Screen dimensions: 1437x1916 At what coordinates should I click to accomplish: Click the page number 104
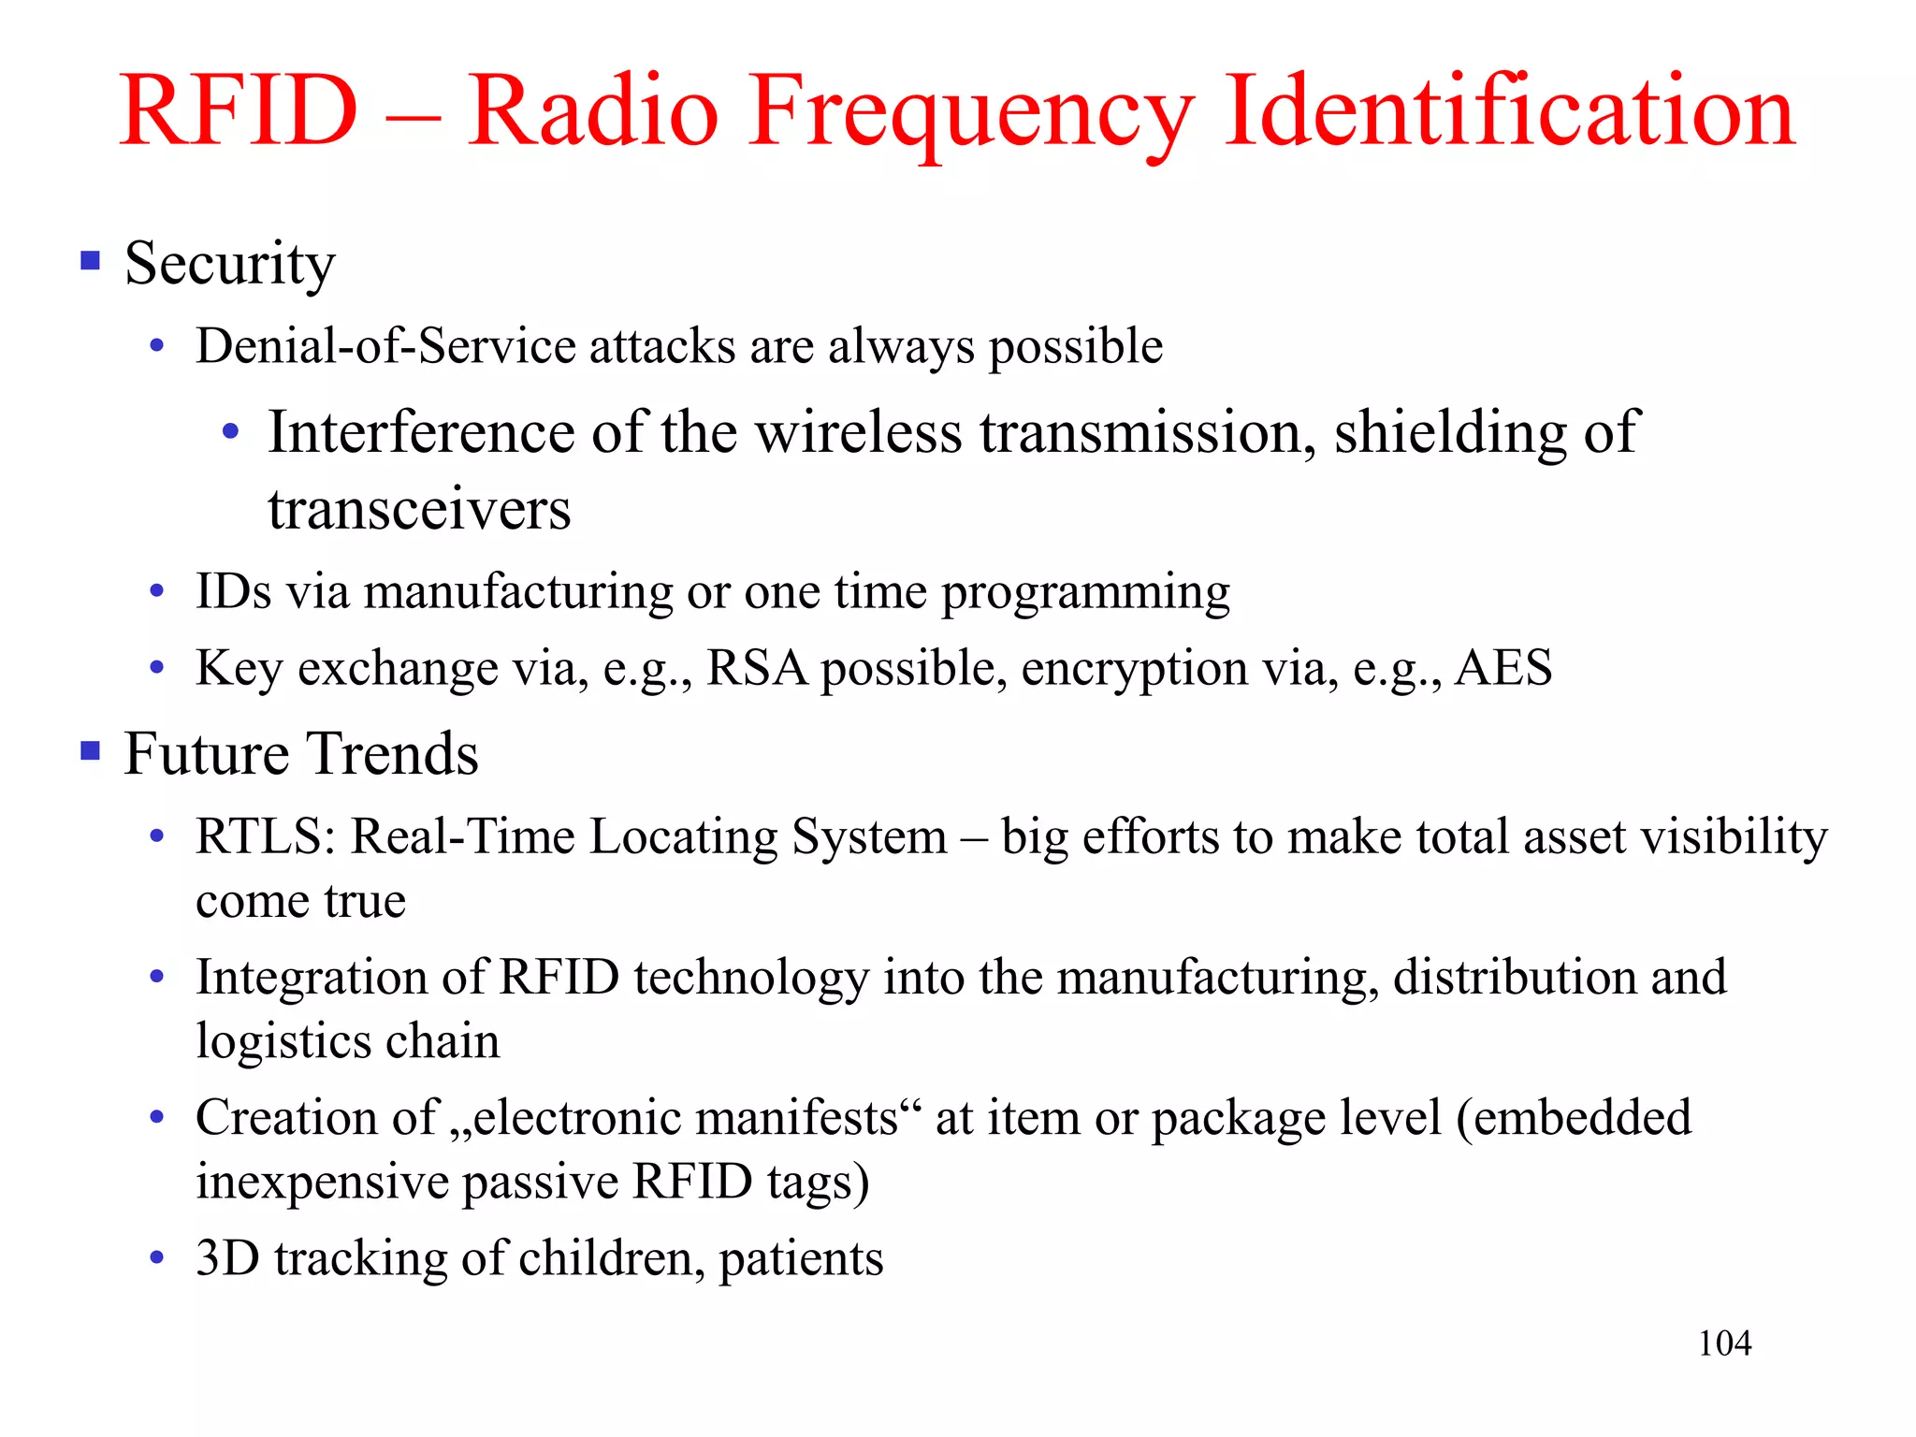tap(1724, 1343)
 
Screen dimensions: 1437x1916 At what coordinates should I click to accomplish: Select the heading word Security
tap(229, 265)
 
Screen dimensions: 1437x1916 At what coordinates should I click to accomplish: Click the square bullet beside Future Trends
tap(90, 750)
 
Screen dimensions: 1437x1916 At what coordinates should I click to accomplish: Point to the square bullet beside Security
tap(90, 260)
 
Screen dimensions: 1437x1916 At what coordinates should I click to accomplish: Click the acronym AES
tap(1503, 668)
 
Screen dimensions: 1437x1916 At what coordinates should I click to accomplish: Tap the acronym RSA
tap(756, 668)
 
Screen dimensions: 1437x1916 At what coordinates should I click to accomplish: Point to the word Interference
tap(421, 432)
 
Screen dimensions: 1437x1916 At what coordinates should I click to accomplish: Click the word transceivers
tap(419, 510)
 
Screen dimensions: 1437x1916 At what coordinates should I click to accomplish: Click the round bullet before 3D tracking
tap(157, 1258)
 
